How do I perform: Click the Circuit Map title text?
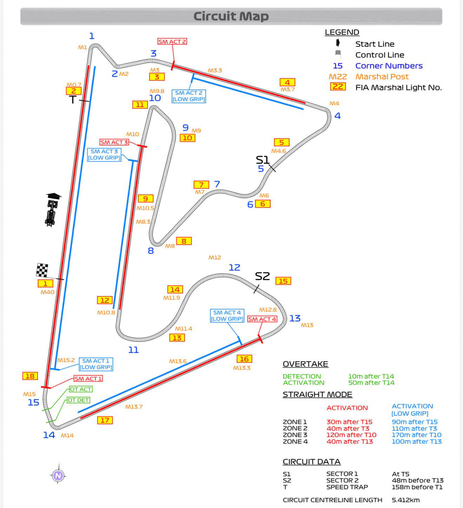click(x=231, y=16)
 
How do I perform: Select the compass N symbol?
click(x=58, y=475)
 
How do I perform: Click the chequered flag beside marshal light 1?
click(x=42, y=270)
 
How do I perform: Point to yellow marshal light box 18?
click(x=30, y=376)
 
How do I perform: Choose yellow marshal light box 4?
click(x=287, y=82)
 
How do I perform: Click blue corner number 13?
click(x=295, y=318)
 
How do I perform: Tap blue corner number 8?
click(x=151, y=251)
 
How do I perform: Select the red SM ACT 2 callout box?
click(x=172, y=42)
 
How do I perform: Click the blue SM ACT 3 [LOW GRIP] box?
click(x=104, y=155)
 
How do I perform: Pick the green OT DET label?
click(x=78, y=400)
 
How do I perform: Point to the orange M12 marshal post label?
click(x=215, y=258)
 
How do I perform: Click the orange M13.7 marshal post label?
click(x=134, y=407)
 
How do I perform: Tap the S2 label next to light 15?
click(x=262, y=276)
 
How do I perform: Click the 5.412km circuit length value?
click(x=406, y=500)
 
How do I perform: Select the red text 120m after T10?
click(x=351, y=435)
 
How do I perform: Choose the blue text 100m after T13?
click(x=417, y=441)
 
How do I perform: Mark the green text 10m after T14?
click(x=371, y=376)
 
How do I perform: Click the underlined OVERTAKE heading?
click(x=305, y=364)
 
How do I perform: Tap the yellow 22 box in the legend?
click(x=338, y=87)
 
